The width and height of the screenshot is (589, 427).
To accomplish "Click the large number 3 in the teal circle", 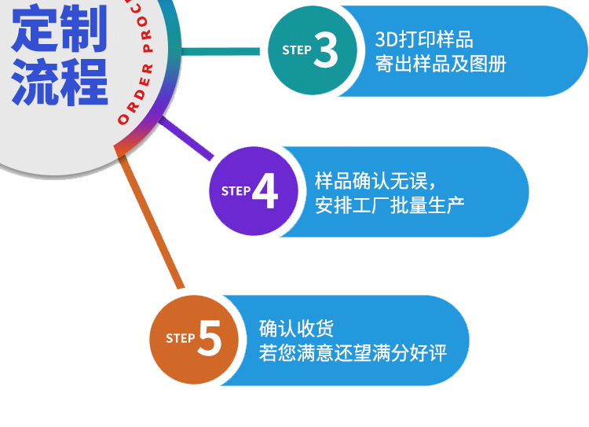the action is (x=326, y=51).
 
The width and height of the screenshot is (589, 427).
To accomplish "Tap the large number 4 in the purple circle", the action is (x=265, y=192).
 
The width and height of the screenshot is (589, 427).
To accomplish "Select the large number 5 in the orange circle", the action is (x=210, y=339).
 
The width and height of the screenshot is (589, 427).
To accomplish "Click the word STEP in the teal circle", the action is (x=297, y=50).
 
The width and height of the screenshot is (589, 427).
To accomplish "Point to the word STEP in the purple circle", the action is (x=236, y=191).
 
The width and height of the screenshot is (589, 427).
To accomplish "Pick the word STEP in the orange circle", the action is (x=181, y=338).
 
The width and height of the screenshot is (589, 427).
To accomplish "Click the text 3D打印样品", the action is (x=424, y=40).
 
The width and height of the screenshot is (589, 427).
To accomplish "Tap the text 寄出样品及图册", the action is (x=441, y=64).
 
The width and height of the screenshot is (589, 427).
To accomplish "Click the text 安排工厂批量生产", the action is (x=390, y=205).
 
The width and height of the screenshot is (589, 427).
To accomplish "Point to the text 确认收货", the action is (x=296, y=329).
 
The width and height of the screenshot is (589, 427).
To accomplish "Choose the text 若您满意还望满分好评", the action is (x=353, y=353).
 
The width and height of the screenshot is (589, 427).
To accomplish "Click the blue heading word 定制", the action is (x=59, y=29).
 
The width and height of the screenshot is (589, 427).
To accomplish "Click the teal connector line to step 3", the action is (x=224, y=51).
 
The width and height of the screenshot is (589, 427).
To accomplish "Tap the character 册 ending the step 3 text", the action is (x=497, y=64).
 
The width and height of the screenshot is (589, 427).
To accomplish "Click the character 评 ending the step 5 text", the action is (x=437, y=353).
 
